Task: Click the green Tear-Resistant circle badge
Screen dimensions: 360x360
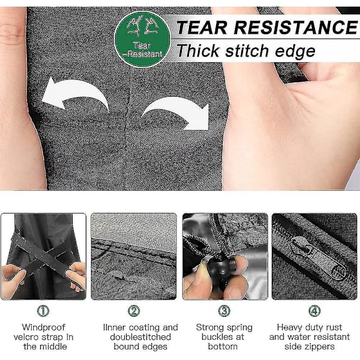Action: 143,39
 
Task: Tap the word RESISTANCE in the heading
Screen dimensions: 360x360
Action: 296,28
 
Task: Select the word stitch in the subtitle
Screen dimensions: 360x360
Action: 247,51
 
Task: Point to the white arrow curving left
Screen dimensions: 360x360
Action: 75,94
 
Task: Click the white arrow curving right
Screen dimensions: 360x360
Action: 176,113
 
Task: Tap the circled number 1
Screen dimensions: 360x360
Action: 43,311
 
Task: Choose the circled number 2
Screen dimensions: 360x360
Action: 134,311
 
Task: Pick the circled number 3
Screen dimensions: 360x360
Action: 224,311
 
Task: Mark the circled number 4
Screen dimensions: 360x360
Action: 314,311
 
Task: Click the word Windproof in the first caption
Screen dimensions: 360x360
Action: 44,328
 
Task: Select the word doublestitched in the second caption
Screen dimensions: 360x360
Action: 140,337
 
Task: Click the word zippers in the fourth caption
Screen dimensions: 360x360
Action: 321,347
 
